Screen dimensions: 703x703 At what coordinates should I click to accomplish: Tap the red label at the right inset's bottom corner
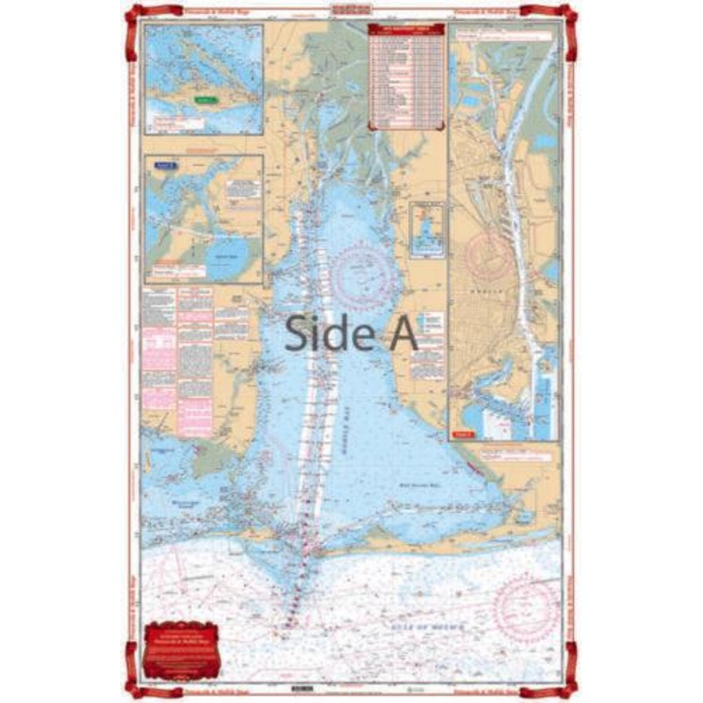coord(464,433)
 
